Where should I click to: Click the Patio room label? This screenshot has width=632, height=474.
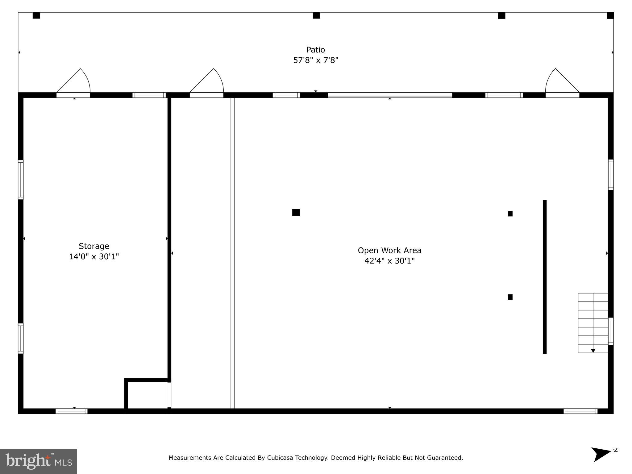click(x=315, y=50)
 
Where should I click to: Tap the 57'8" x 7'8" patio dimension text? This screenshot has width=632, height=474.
click(x=315, y=60)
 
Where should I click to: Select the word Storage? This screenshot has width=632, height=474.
click(x=94, y=246)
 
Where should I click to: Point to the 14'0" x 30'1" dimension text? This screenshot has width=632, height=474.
click(x=94, y=256)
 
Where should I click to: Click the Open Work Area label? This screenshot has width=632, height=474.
click(x=389, y=250)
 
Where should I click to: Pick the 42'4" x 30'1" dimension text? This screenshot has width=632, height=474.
click(x=389, y=261)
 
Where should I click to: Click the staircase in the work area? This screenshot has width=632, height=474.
click(x=593, y=323)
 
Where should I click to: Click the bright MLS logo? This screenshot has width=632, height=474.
click(x=38, y=461)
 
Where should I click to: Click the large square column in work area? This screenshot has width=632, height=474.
click(x=296, y=213)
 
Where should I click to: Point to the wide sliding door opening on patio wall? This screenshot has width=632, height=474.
click(x=390, y=95)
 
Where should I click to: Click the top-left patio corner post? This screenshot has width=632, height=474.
click(x=36, y=15)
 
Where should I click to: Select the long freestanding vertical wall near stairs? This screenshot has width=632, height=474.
click(x=545, y=277)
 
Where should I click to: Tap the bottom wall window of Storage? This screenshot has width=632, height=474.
click(x=72, y=411)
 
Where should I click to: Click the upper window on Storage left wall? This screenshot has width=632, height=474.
click(x=21, y=180)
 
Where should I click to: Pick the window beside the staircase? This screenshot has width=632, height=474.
click(x=611, y=331)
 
